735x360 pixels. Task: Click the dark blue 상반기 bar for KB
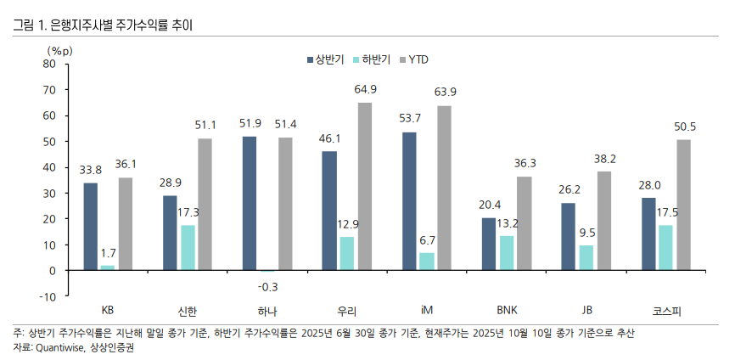(x=90, y=227)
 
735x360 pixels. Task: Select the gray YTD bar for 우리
(x=364, y=187)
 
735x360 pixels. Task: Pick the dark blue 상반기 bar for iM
(x=409, y=201)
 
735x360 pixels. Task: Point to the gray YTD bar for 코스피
(x=683, y=205)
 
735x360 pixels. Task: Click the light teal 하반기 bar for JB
(x=586, y=257)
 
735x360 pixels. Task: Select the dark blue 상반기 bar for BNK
(x=489, y=244)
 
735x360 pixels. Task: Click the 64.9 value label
(x=366, y=89)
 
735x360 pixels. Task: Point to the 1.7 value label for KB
(x=108, y=252)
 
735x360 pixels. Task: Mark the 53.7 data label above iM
(x=410, y=118)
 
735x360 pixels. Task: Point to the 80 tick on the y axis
(x=48, y=64)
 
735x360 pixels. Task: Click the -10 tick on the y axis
(x=47, y=296)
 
